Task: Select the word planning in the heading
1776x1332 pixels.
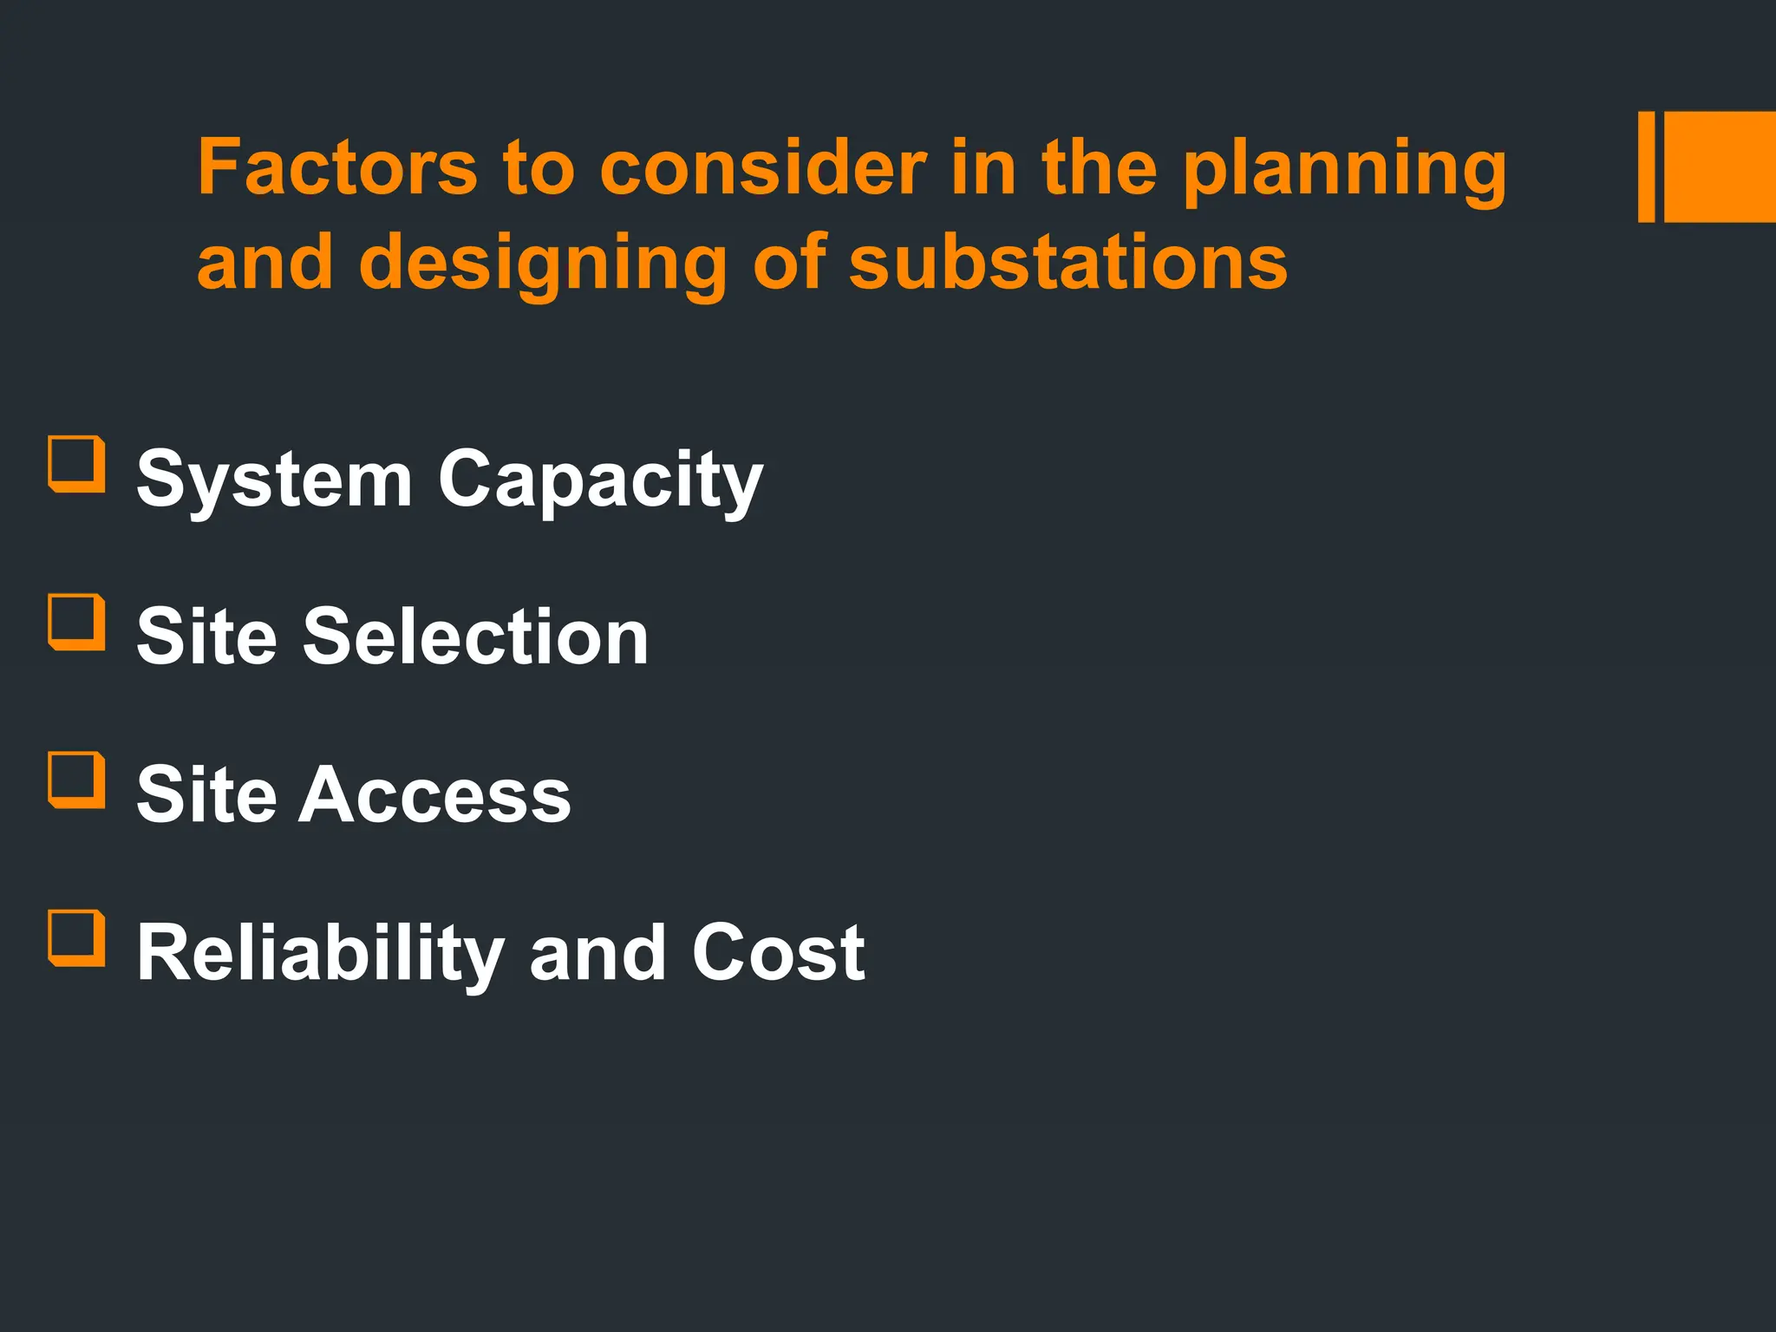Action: click(x=1344, y=171)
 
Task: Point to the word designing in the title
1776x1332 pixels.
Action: click(x=543, y=264)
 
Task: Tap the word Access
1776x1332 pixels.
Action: click(x=434, y=794)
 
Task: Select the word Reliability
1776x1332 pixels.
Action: click(x=321, y=954)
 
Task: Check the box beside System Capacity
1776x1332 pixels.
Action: click(x=76, y=464)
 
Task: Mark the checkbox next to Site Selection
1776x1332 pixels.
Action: click(x=76, y=622)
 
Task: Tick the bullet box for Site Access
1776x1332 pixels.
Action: click(x=76, y=780)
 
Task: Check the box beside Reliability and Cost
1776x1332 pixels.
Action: click(x=76, y=937)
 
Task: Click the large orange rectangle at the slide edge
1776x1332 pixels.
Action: click(x=1720, y=166)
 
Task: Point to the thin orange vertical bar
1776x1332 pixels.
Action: click(x=1646, y=166)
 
